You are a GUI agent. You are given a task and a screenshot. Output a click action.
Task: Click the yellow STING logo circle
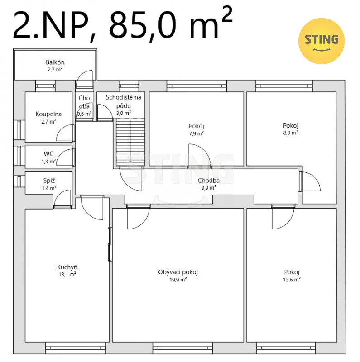tap(321, 41)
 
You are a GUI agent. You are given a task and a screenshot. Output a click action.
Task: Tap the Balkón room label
tap(55, 62)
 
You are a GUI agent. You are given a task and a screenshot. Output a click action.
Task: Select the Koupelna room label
tap(48, 114)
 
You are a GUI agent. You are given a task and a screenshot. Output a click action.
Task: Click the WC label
tap(48, 154)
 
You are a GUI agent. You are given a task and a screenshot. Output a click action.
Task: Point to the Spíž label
tap(49, 181)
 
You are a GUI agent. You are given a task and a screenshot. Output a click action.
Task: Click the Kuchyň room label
tap(67, 267)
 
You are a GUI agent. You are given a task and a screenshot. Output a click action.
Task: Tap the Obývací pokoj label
tap(178, 272)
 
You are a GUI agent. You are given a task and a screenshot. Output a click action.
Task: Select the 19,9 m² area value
tap(178, 280)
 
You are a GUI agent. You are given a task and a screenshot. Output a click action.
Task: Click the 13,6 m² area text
tap(292, 280)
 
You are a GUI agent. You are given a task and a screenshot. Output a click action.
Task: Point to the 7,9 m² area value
tap(197, 133)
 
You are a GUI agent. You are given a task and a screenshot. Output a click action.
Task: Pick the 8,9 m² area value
tap(290, 133)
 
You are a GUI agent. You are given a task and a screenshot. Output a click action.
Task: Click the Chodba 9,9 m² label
tap(209, 184)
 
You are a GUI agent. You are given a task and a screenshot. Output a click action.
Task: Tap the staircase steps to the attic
tap(130, 142)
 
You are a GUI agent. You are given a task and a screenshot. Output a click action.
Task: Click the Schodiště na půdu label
tap(123, 101)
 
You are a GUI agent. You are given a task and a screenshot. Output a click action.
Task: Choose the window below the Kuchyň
tap(75, 348)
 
